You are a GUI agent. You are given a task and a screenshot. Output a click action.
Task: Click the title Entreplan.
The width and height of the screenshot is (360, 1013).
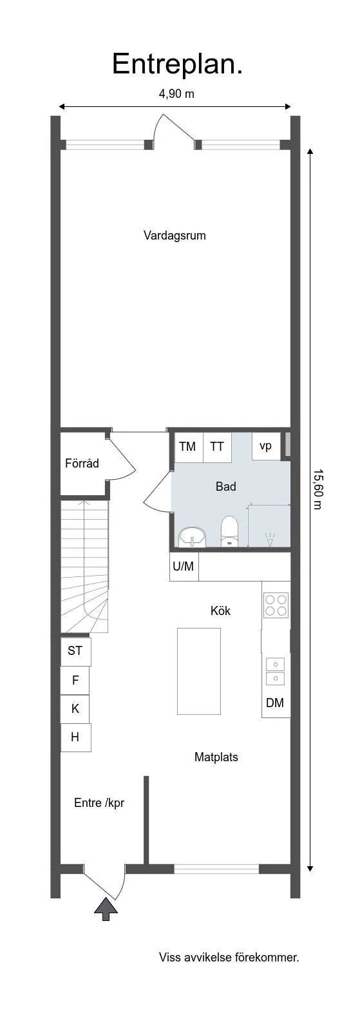pos(177,64)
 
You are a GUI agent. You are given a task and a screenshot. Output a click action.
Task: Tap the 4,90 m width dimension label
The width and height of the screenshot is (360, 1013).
pos(176,94)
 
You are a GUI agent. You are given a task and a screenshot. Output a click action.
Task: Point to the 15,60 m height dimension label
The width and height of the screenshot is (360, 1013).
pos(317,488)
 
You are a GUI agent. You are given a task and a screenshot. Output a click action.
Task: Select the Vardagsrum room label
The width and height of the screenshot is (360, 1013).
pos(175,236)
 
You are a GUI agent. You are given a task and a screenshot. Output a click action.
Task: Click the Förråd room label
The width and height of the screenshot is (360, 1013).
pos(82,463)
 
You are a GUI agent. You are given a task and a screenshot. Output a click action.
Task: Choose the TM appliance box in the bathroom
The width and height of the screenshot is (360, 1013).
pos(188,447)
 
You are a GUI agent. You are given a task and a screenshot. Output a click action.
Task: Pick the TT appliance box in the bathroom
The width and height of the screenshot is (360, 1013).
pos(218,447)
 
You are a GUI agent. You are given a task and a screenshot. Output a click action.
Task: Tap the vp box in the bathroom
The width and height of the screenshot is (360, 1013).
pos(265,446)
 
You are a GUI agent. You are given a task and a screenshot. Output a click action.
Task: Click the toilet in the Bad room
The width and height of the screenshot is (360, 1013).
pos(229,532)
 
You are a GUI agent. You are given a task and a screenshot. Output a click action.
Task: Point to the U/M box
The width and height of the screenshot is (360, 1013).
pos(184,567)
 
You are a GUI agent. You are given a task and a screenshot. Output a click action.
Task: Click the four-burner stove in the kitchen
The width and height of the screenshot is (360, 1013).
pos(276,605)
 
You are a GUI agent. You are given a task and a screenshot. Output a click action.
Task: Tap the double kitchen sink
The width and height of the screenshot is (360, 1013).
pos(276,670)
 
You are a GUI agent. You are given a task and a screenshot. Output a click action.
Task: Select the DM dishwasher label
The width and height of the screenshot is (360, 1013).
pos(275,703)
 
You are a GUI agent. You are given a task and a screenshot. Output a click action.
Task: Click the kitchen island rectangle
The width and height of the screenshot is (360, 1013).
pos(199,670)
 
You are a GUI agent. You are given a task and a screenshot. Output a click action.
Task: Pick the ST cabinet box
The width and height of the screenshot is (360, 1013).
pos(75,651)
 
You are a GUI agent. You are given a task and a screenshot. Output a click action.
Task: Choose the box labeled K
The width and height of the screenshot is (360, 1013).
pos(75,708)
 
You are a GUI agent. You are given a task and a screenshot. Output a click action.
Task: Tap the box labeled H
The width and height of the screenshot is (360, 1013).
pos(75,737)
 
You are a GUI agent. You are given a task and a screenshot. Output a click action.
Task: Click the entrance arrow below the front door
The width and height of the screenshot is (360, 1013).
pos(106,909)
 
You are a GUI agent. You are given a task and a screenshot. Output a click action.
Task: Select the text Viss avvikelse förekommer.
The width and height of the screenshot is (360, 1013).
pos(229,958)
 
